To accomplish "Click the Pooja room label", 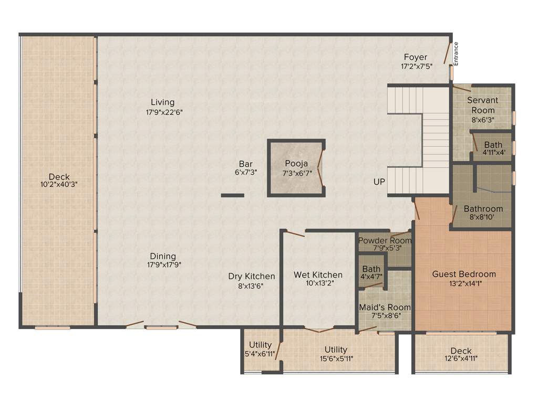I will [x=296, y=163].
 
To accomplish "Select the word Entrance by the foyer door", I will [x=456, y=53].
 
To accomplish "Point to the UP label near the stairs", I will [x=379, y=182].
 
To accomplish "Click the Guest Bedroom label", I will [x=464, y=274].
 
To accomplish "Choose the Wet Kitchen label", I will [x=318, y=275].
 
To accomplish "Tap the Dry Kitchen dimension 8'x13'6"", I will [x=251, y=286].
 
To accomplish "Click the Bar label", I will [x=245, y=164].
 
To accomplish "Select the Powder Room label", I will [x=385, y=240].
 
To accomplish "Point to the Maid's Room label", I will [x=385, y=307].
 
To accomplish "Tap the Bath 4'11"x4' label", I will [x=493, y=149].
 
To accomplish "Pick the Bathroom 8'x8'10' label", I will [x=483, y=212].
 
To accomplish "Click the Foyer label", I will [x=415, y=57].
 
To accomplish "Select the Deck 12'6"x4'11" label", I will [x=461, y=354].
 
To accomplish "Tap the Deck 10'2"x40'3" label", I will [x=59, y=181].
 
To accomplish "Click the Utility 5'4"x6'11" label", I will [x=260, y=349].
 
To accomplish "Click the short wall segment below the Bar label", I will [x=232, y=195].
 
